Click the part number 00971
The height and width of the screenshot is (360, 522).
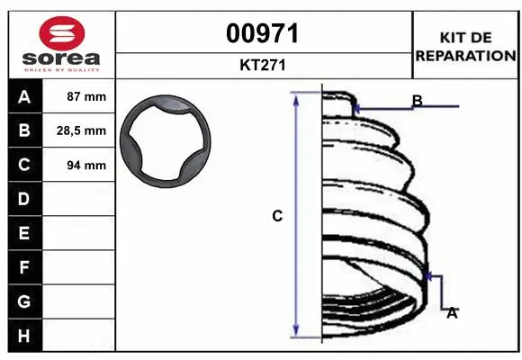(x=264, y=34)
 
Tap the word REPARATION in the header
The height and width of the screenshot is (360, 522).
(x=465, y=55)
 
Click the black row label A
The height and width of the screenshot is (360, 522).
(x=24, y=97)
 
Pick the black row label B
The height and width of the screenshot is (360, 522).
(x=24, y=130)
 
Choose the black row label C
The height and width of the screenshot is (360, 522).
(x=24, y=165)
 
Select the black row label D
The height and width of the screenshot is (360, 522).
(x=24, y=198)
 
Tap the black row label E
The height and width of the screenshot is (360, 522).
(x=24, y=233)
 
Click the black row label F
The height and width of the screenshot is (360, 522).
(x=24, y=267)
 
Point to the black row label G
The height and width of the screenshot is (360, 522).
(x=24, y=301)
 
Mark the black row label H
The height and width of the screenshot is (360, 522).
(x=24, y=335)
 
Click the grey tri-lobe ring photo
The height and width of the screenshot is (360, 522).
(x=166, y=140)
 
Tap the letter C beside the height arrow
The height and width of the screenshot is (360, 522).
(x=277, y=216)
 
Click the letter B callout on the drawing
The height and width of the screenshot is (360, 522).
(x=417, y=101)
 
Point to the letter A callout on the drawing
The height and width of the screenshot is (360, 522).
(x=452, y=312)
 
